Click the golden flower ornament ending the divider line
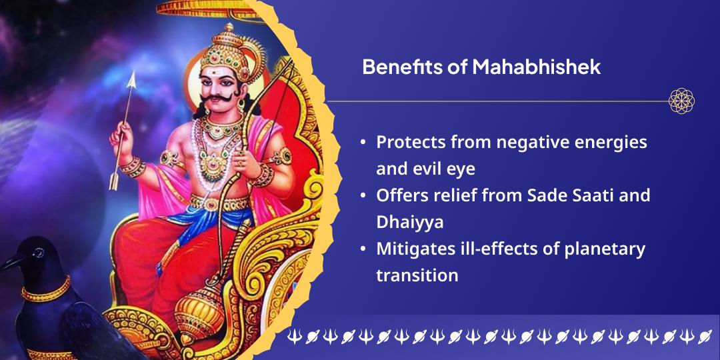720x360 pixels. (681, 101)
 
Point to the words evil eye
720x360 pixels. (441, 169)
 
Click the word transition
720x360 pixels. (417, 275)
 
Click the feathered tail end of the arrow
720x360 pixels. (114, 177)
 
